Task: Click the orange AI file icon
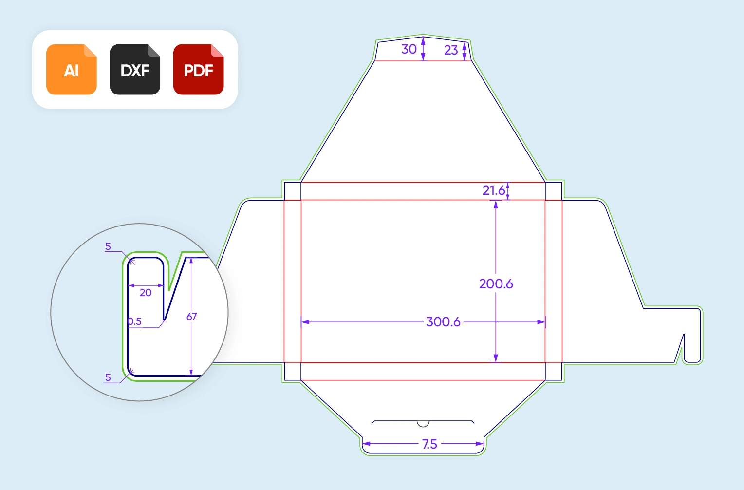(72, 70)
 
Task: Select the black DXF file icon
(135, 70)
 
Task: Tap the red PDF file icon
(198, 70)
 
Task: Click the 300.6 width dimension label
(443, 322)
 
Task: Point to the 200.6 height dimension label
(496, 284)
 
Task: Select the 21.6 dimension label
(494, 190)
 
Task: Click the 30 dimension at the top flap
(409, 49)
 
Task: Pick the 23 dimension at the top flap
(451, 50)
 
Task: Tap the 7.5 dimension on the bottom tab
(429, 444)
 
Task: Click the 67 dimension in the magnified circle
(192, 317)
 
